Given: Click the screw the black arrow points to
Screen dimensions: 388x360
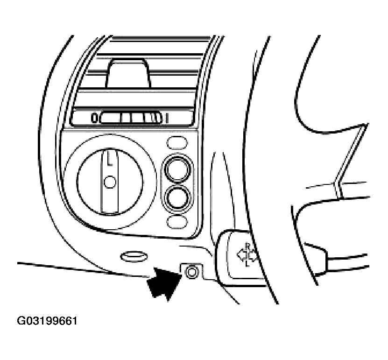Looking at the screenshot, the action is point(191,272).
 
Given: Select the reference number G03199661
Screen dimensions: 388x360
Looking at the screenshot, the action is point(47,321).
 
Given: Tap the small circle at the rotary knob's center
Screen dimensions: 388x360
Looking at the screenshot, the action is point(110,182).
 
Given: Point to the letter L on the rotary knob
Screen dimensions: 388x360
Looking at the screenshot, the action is point(110,159).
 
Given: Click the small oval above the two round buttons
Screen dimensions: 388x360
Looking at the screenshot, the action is point(177,142).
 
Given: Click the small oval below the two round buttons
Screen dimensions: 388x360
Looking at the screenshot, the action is point(177,221).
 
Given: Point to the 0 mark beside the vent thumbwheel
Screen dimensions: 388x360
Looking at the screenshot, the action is point(94,118).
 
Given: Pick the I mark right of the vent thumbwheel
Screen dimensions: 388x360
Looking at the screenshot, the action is point(167,118).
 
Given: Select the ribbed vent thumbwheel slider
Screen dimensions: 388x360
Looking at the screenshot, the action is point(131,118).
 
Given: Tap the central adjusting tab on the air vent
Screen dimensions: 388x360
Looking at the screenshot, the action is point(128,74).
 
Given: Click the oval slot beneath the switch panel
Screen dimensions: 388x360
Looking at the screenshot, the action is point(134,257).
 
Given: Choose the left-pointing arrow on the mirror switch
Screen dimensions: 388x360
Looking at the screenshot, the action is point(241,254).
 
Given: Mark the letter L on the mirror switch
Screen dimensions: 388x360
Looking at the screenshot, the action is point(247,264).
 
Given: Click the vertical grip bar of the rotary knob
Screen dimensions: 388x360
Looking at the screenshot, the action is point(110,181).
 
